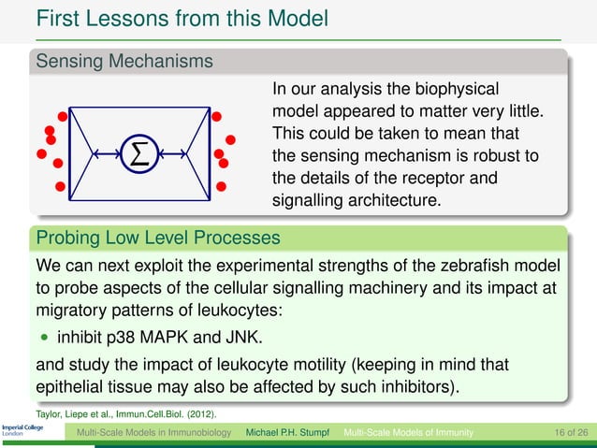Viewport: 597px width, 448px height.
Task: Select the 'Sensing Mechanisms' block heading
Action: click(x=122, y=62)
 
